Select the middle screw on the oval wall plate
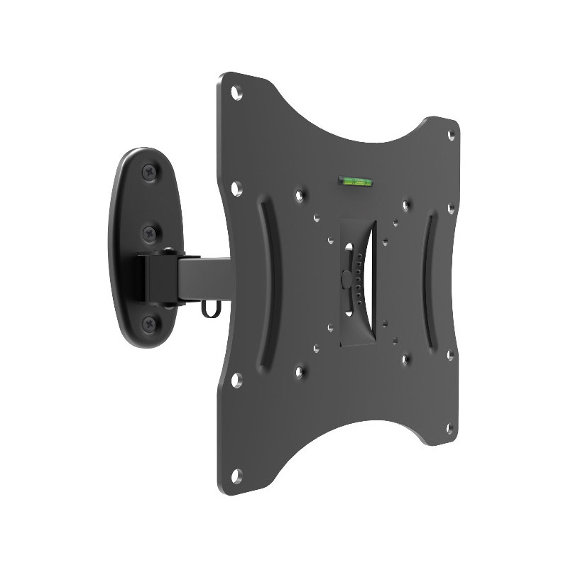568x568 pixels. [149, 232]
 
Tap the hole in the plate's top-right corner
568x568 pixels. [451, 135]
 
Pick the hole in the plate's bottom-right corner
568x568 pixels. [449, 427]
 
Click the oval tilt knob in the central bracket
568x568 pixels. [346, 278]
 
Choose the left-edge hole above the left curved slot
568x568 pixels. [237, 188]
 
